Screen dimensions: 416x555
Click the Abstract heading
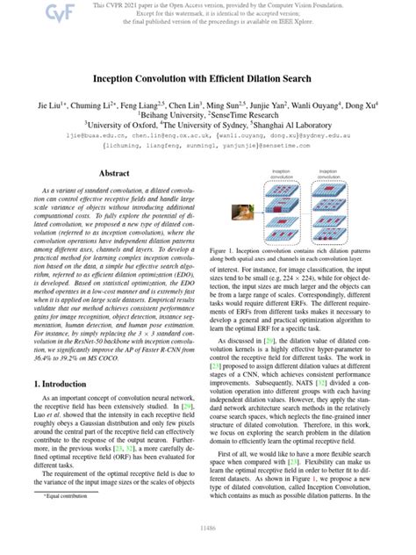118,174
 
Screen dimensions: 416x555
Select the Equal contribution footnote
61,520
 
